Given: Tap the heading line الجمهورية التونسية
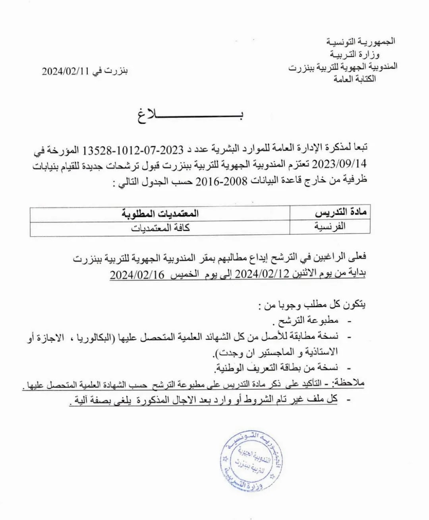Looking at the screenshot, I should (x=361, y=41).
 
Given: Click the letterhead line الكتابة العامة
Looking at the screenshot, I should (x=355, y=79).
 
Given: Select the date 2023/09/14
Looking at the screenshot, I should (x=339, y=163).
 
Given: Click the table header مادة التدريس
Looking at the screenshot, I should (x=340, y=212).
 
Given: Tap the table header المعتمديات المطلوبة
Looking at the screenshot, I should (x=160, y=214).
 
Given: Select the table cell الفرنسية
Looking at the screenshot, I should (x=330, y=226).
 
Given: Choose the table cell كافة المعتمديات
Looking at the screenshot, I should (x=160, y=228).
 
